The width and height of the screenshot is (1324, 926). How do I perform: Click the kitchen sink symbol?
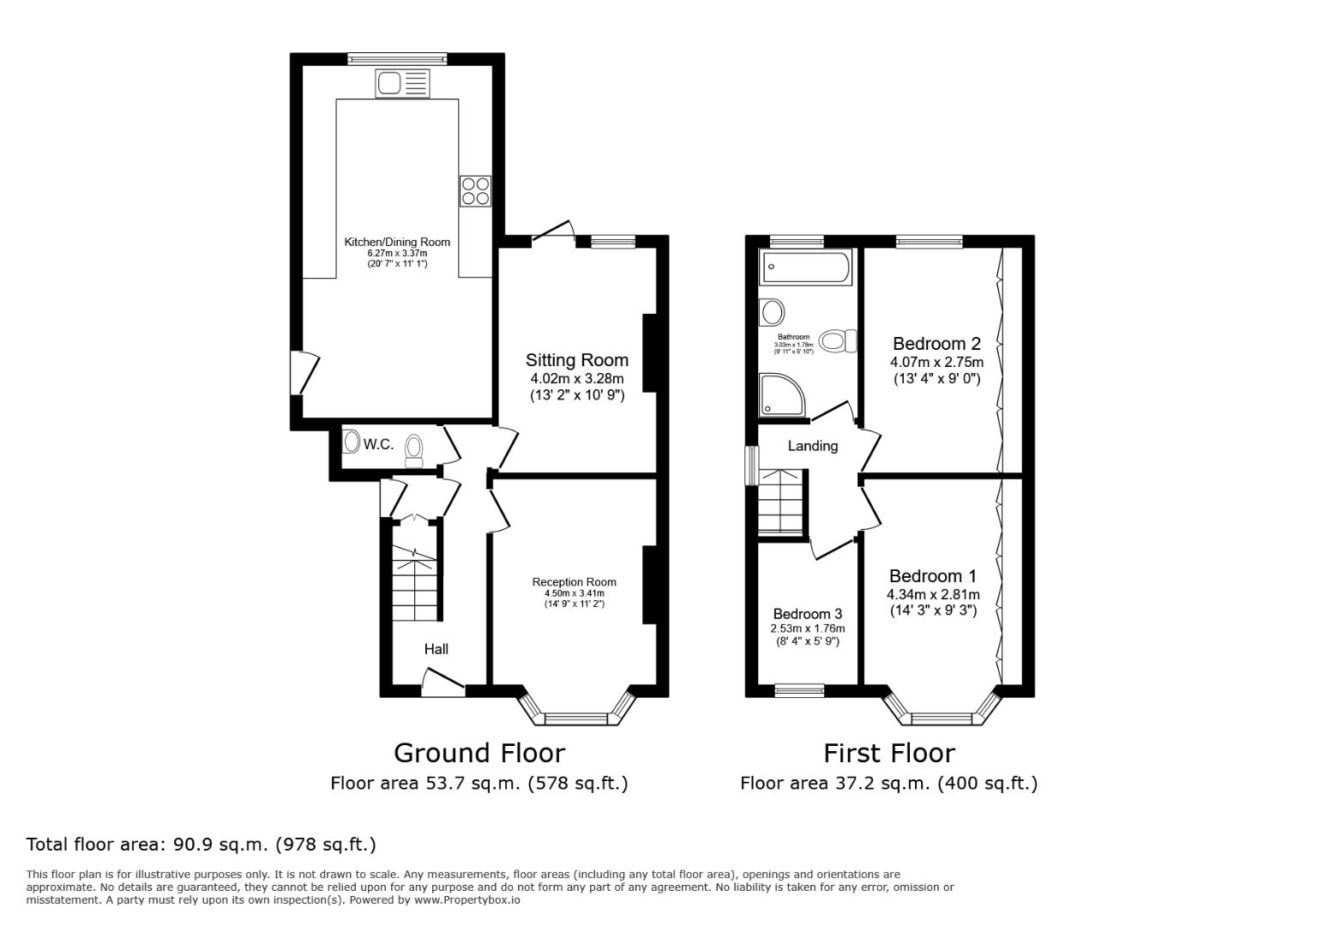coord(401,84)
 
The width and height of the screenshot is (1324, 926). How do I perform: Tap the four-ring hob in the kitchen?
coord(475,190)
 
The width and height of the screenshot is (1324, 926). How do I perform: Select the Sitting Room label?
coord(576,360)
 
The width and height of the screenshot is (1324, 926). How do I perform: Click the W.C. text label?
coord(378,444)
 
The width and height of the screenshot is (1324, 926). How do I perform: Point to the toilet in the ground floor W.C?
coord(414,449)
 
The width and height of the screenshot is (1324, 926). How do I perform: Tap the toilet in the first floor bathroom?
coord(838,341)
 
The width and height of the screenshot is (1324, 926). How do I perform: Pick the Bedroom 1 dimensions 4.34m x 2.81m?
coord(933,594)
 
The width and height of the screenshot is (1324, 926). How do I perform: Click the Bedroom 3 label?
coord(807,614)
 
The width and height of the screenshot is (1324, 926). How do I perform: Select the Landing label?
coord(812,446)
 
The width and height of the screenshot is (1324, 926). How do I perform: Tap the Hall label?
coord(436,649)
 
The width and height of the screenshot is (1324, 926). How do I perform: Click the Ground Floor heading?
coord(478,753)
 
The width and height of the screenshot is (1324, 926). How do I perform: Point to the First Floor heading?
coord(888,753)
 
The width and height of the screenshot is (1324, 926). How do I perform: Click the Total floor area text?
coord(201,845)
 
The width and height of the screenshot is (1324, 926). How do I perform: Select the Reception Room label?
coord(574,582)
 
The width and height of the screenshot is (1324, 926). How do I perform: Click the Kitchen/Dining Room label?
coord(397,242)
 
